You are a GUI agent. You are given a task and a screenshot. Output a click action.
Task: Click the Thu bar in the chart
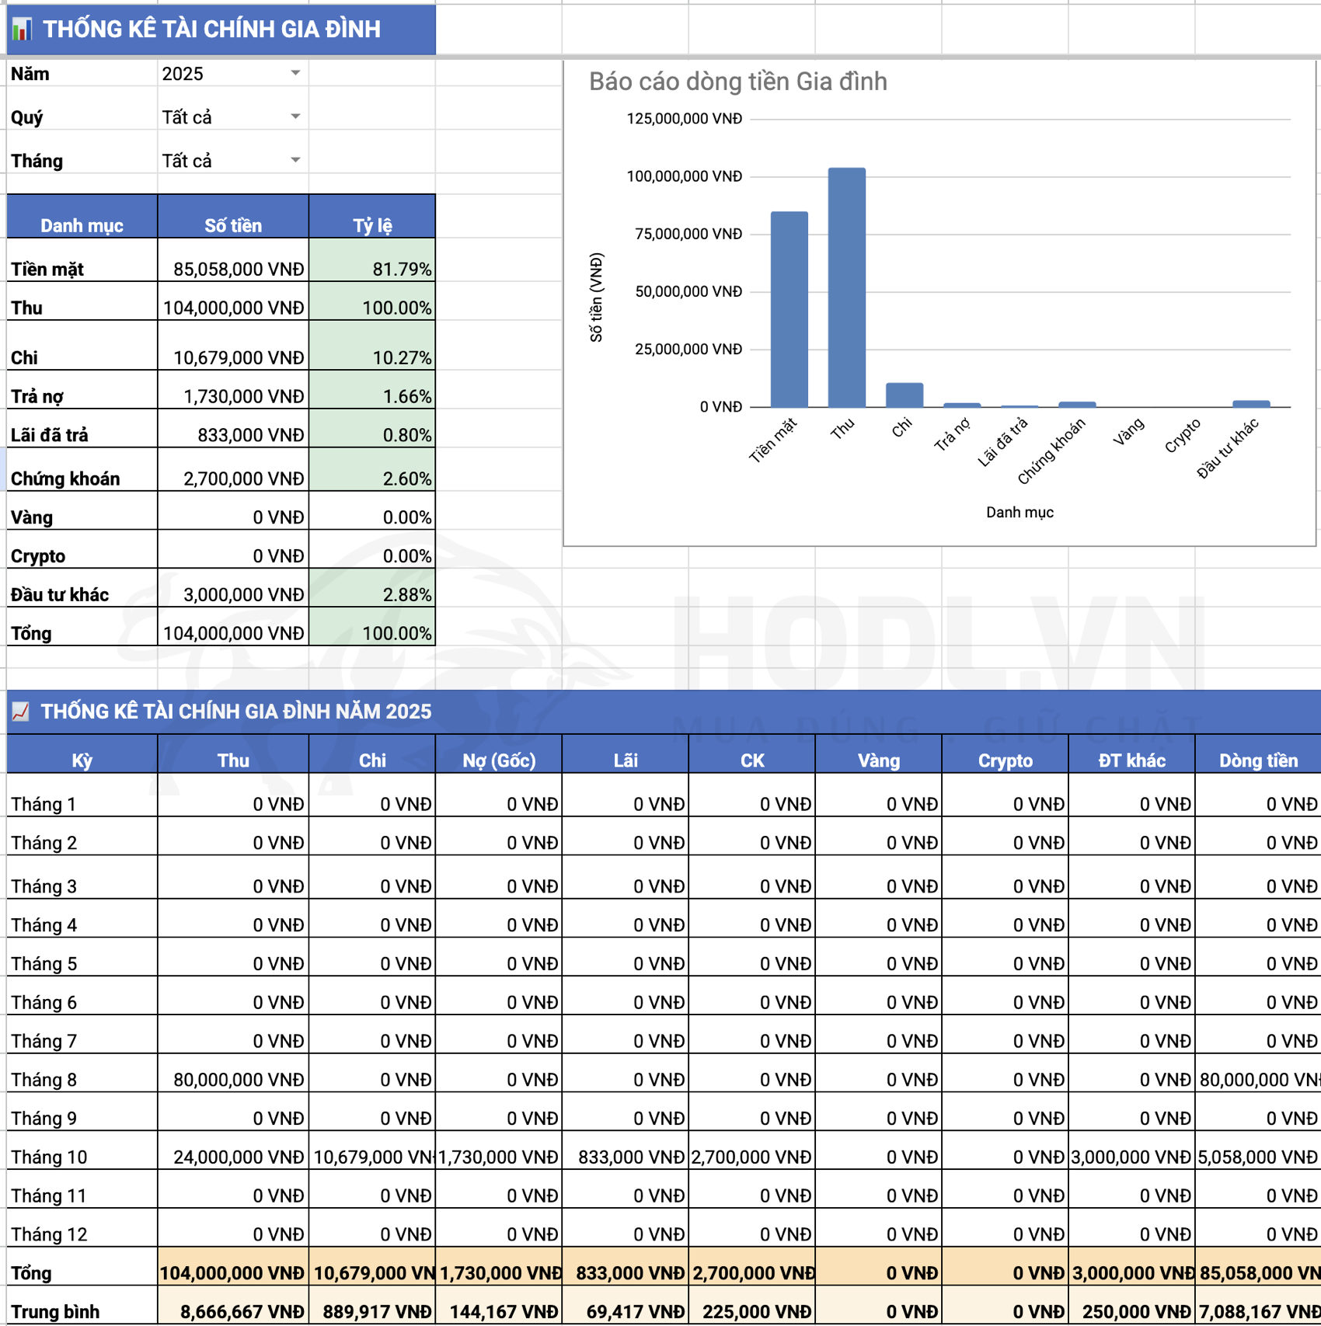(x=846, y=287)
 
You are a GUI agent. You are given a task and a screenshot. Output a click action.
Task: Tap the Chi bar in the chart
(x=904, y=395)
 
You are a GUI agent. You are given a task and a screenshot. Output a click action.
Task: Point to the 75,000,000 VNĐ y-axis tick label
(x=688, y=234)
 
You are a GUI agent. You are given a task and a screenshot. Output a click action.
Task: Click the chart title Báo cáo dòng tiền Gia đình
(x=737, y=82)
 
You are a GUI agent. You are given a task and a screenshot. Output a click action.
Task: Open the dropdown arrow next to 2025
(x=295, y=73)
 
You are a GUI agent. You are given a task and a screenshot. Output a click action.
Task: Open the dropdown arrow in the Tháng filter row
(x=295, y=160)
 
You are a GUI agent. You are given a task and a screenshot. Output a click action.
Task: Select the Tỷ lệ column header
(x=372, y=225)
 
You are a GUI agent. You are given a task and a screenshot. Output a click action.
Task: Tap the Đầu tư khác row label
(x=60, y=594)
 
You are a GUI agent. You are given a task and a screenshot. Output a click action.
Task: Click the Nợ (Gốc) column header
(x=499, y=760)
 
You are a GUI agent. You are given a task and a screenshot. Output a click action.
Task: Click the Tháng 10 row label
(x=49, y=1157)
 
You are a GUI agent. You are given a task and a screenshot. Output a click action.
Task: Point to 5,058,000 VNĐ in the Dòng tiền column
(x=1257, y=1157)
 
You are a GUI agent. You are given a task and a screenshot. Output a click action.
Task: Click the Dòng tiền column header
(x=1258, y=760)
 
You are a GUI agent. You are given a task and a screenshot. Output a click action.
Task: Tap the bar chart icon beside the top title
(x=22, y=30)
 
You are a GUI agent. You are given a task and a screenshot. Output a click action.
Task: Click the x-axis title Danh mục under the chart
(x=1020, y=512)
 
